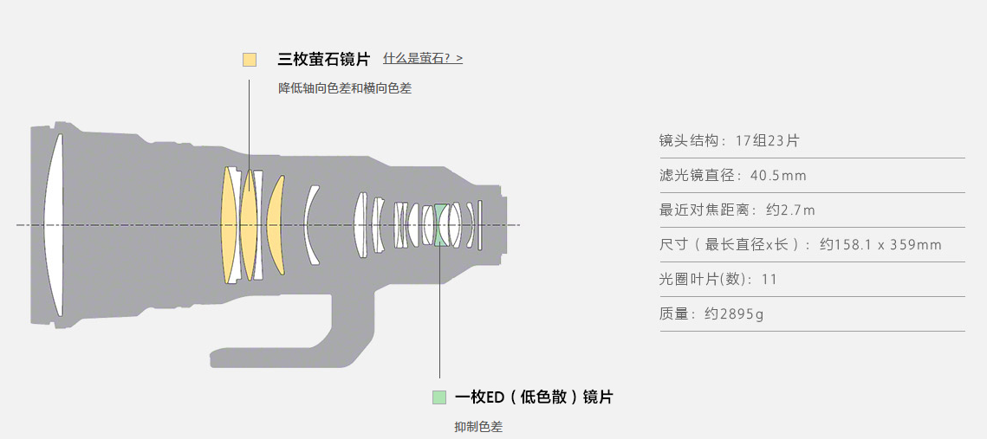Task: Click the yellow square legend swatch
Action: pyautogui.click(x=250, y=60)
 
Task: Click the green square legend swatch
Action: pyautogui.click(x=439, y=397)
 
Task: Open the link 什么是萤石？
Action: pyautogui.click(x=423, y=59)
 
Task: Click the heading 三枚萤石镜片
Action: pyautogui.click(x=323, y=60)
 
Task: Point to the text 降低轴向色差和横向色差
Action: pyautogui.click(x=345, y=87)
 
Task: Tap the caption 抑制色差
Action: pyautogui.click(x=478, y=426)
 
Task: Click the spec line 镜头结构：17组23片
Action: pyautogui.click(x=729, y=140)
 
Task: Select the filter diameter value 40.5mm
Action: pyautogui.click(x=778, y=176)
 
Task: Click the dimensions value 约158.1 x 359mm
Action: pyautogui.click(x=880, y=245)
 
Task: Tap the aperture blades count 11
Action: pyautogui.click(x=769, y=280)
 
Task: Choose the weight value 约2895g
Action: pyautogui.click(x=734, y=314)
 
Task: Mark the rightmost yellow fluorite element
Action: pyautogui.click(x=274, y=225)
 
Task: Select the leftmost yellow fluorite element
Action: pyautogui.click(x=229, y=225)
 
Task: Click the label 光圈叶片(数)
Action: pyautogui.click(x=705, y=280)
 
